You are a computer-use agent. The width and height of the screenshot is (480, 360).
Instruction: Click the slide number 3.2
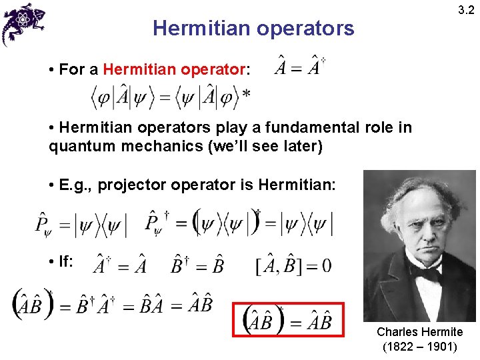[x=465, y=11]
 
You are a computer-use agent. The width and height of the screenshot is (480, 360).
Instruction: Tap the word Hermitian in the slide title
[x=193, y=28]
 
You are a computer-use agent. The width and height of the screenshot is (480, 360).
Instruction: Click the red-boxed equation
[x=288, y=321]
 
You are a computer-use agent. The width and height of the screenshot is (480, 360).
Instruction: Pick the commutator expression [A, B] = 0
[x=293, y=266]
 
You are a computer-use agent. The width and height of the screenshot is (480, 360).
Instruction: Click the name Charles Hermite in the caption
[x=419, y=332]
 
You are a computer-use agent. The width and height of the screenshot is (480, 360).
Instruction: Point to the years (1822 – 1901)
[x=419, y=347]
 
